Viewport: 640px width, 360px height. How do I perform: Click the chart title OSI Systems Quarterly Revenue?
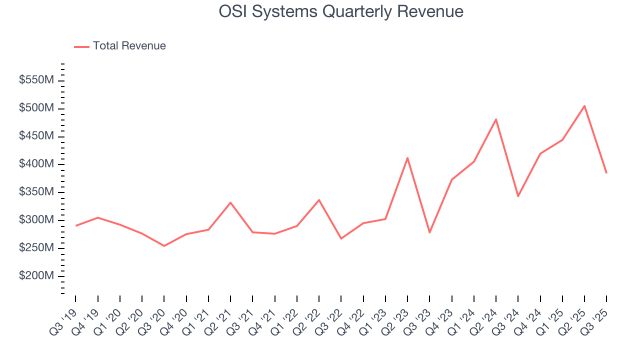(x=341, y=11)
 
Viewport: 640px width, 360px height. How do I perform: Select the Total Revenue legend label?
(x=129, y=46)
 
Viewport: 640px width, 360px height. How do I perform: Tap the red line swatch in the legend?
(x=81, y=46)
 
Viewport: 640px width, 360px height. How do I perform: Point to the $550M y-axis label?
(x=36, y=80)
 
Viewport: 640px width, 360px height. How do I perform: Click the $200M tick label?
(x=36, y=276)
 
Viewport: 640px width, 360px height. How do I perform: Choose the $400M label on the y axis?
(x=36, y=164)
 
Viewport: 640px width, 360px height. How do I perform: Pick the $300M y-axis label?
(x=36, y=220)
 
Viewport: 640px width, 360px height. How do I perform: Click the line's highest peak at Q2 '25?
(x=584, y=105)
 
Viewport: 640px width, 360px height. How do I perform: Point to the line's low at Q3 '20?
(x=164, y=246)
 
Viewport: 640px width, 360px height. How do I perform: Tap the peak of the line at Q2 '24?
(x=495, y=119)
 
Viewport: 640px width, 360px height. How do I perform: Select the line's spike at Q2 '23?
(x=407, y=157)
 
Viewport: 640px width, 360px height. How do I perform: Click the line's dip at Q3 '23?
(x=429, y=232)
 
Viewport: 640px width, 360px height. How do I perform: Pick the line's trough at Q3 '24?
(x=518, y=196)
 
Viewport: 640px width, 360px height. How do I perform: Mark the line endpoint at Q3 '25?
(x=606, y=173)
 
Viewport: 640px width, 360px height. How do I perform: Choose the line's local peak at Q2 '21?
(x=230, y=202)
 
